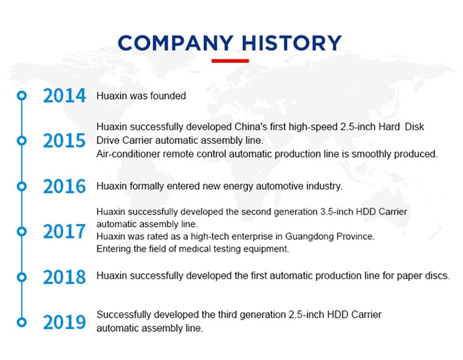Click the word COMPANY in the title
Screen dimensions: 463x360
[x=176, y=43]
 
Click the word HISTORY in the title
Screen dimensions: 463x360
[x=292, y=43]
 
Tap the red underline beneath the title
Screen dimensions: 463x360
[x=230, y=61]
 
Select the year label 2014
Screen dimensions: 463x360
[x=64, y=96]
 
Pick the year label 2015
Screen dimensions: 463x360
[x=64, y=141]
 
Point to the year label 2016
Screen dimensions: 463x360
[x=64, y=186]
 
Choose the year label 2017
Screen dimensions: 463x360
[x=64, y=231]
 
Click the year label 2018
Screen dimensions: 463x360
[x=64, y=277]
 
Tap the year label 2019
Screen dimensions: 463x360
[x=64, y=322]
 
